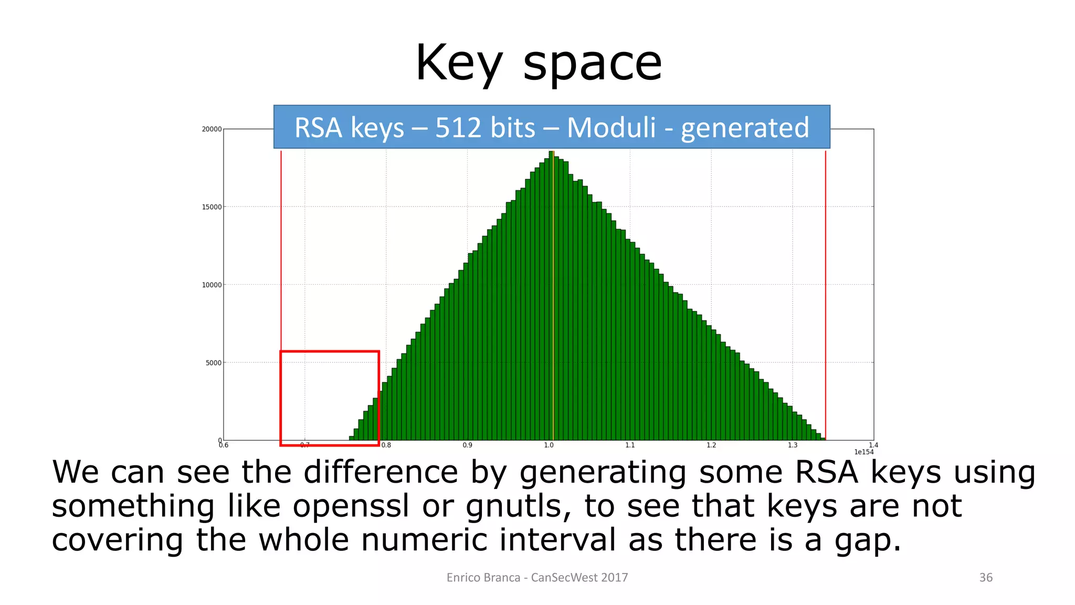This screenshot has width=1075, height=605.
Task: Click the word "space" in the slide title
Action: (x=593, y=64)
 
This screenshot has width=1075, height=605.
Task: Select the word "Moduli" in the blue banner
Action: (x=612, y=128)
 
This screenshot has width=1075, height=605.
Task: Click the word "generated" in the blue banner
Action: (x=745, y=129)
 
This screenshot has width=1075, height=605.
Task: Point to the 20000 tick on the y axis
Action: (x=212, y=129)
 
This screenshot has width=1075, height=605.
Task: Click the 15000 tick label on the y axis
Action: (x=212, y=207)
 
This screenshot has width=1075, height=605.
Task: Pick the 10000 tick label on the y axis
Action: (x=212, y=285)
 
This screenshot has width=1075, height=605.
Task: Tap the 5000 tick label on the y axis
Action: (x=213, y=363)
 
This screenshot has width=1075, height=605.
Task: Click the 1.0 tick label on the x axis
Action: (x=549, y=445)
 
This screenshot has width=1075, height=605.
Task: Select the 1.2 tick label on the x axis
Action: (x=711, y=445)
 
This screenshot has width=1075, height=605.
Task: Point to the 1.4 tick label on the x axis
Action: (x=873, y=445)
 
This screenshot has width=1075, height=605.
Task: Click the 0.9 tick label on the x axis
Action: (x=467, y=445)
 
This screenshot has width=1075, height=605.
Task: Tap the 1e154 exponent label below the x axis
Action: (x=863, y=452)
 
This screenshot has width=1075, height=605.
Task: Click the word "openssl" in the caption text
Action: (x=350, y=506)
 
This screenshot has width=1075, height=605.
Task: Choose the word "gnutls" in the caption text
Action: (x=517, y=506)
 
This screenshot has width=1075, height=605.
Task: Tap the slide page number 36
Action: (x=986, y=578)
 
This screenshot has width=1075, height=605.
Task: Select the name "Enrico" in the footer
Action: (x=465, y=578)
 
